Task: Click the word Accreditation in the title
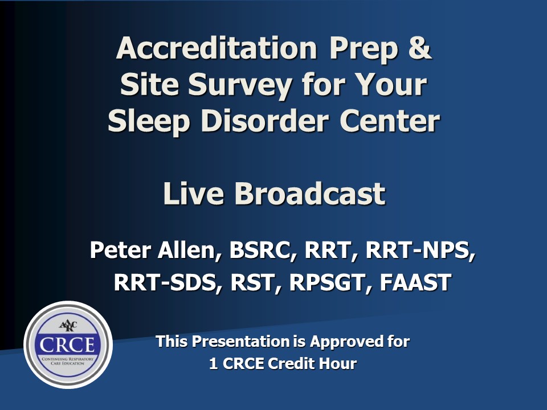click(217, 48)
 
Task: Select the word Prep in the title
click(364, 50)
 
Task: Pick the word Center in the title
click(390, 121)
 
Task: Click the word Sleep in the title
click(149, 123)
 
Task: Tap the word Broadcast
click(310, 194)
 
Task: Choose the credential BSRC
click(260, 251)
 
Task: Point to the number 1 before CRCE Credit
click(214, 363)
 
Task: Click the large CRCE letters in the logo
click(67, 345)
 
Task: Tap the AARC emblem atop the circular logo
click(68, 326)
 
